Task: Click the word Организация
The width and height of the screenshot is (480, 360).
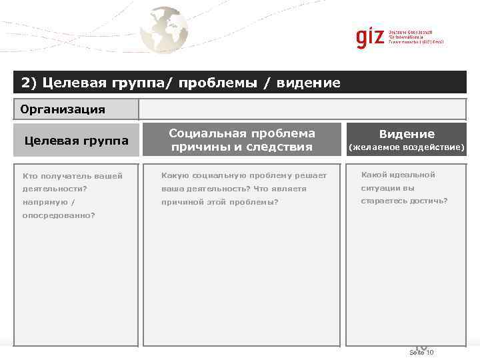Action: pyautogui.click(x=63, y=109)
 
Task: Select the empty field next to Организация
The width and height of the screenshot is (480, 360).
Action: pyautogui.click(x=302, y=109)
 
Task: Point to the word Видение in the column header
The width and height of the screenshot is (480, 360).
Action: pyautogui.click(x=407, y=134)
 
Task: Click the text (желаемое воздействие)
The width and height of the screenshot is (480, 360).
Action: pyautogui.click(x=407, y=147)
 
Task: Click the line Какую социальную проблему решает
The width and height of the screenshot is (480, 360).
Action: pyautogui.click(x=244, y=175)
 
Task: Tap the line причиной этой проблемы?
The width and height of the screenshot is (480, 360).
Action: pyautogui.click(x=220, y=202)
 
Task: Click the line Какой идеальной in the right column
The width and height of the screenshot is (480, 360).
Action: pyautogui.click(x=398, y=175)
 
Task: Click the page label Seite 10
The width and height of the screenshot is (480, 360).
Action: pyautogui.click(x=421, y=352)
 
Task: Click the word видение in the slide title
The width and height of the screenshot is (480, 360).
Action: pyautogui.click(x=309, y=83)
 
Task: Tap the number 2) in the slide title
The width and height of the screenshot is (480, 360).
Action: pyautogui.click(x=29, y=83)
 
